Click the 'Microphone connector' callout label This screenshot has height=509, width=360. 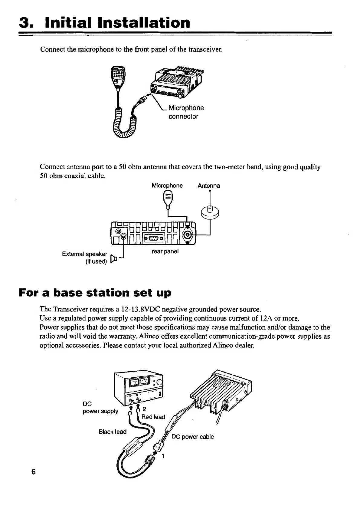[186, 112]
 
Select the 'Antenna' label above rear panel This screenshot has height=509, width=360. [209, 186]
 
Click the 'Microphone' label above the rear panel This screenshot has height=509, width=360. [167, 186]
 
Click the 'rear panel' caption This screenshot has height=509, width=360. [165, 251]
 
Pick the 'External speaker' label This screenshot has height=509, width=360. [85, 254]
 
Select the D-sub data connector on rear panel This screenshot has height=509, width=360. [154, 238]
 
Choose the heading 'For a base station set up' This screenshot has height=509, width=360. [95, 293]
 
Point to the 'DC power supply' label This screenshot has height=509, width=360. [100, 408]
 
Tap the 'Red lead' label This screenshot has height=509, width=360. [153, 417]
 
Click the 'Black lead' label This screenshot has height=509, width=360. [113, 432]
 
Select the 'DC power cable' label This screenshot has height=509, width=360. [193, 437]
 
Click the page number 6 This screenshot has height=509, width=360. [33, 472]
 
